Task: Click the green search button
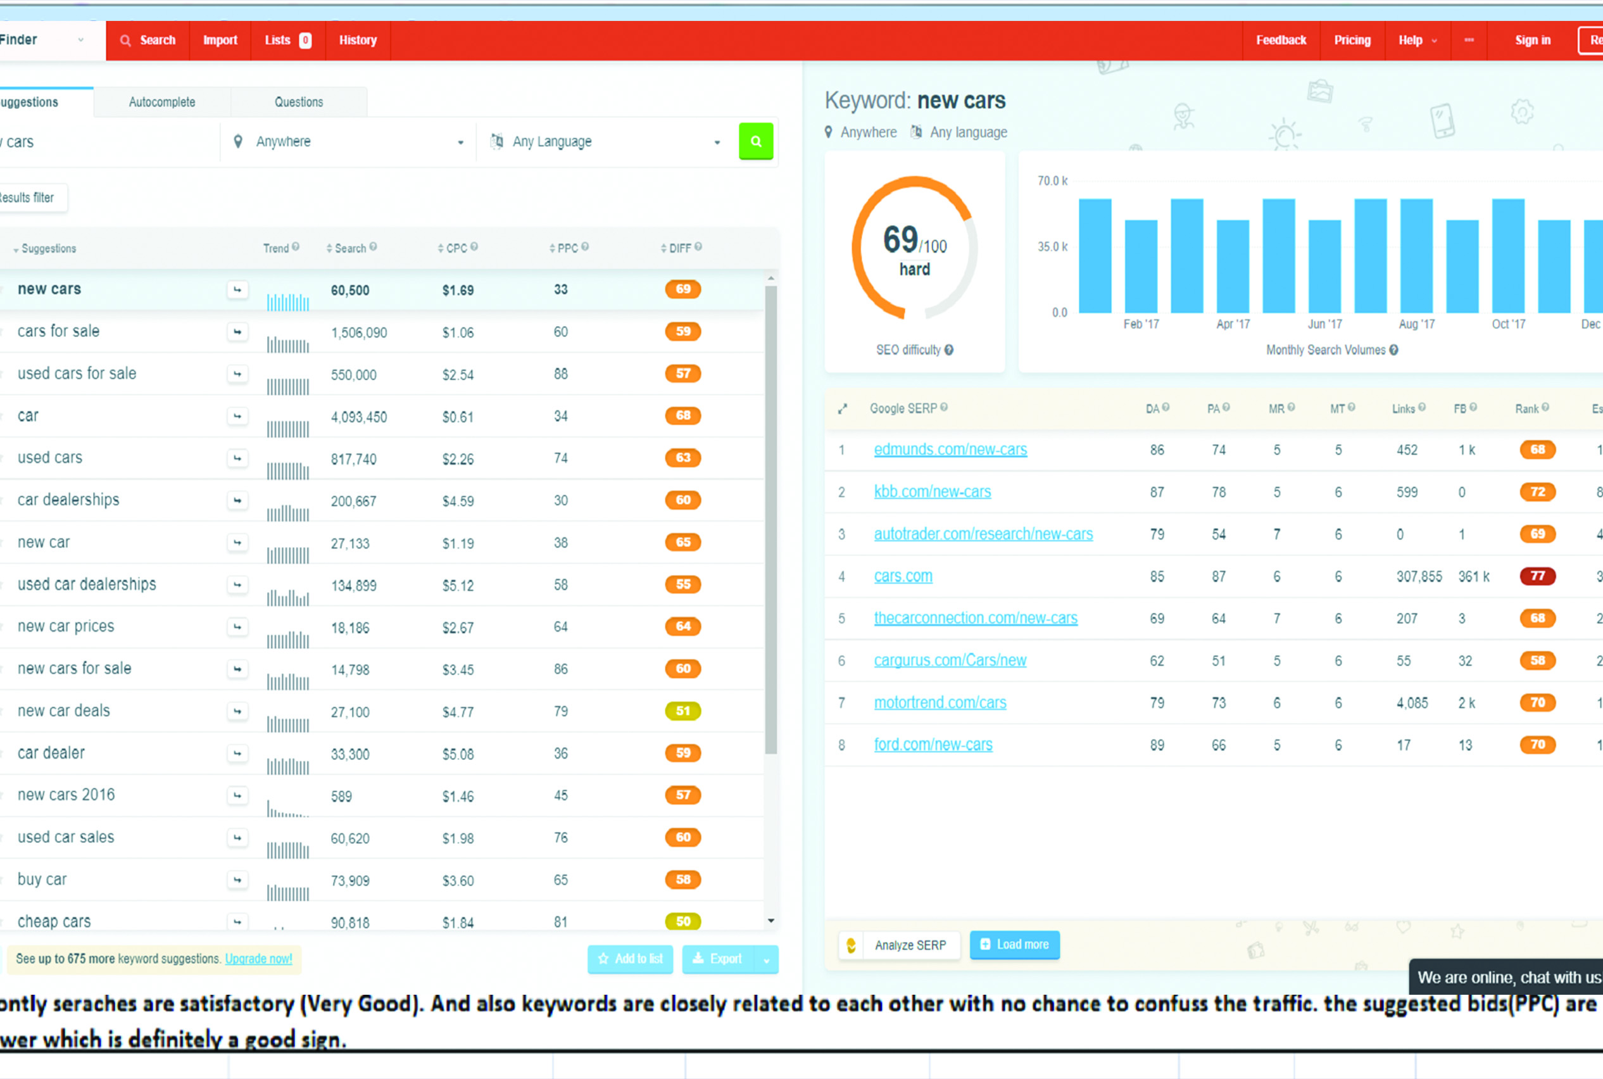[x=755, y=141]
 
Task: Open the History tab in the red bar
[x=358, y=40]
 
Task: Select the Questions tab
[x=299, y=102]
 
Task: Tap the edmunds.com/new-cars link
[x=950, y=450]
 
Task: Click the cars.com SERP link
[x=903, y=576]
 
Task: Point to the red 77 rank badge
[x=1537, y=576]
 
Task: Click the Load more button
[x=1014, y=945]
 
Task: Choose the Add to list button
[x=630, y=959]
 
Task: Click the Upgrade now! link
[x=258, y=959]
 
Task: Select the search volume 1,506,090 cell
[x=358, y=332]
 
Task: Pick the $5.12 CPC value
[x=458, y=586]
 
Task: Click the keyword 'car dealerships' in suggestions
[x=68, y=500]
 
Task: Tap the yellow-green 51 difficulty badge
[x=682, y=711]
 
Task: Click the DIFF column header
[x=681, y=248]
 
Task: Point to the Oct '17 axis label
[x=1508, y=324]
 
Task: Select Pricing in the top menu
[x=1352, y=40]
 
